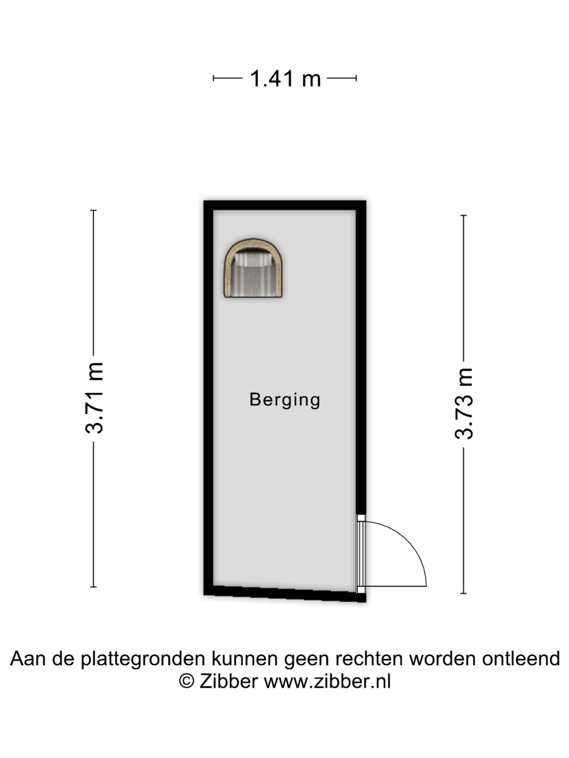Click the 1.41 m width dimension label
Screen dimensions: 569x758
tap(285, 79)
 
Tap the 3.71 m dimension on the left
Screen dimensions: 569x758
tap(94, 398)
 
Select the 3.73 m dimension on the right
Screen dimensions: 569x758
tap(464, 404)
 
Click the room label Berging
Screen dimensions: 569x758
tap(285, 400)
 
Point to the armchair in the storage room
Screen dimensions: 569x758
tap(253, 268)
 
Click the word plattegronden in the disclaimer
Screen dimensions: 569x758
tap(143, 659)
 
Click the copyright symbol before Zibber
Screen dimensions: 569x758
tap(187, 681)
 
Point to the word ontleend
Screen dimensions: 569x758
tap(521, 659)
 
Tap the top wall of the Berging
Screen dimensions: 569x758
tap(285, 205)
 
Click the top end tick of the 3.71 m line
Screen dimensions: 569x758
tap(93, 210)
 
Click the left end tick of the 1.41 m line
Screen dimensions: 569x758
tap(213, 78)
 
